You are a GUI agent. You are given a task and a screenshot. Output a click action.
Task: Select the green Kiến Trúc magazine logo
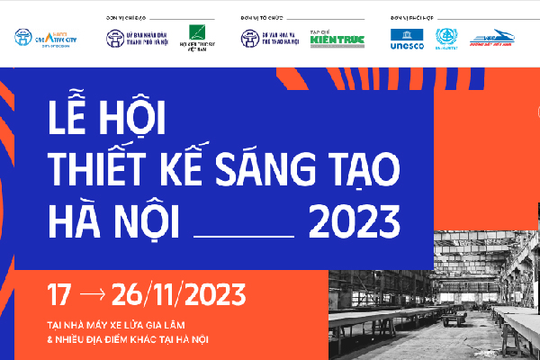point(337,39)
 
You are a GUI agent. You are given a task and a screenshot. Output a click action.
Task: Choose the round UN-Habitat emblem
point(446,38)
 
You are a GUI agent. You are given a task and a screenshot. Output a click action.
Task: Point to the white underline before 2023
point(244,233)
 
